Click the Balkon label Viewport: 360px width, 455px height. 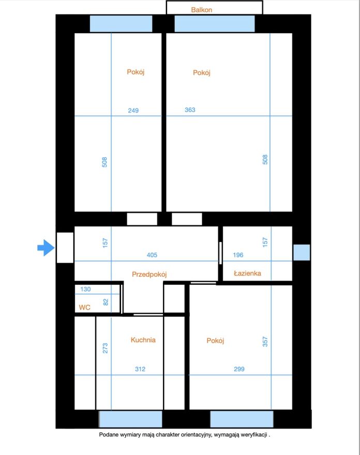pyautogui.click(x=202, y=10)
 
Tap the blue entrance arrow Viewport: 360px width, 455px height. pyautogui.click(x=46, y=248)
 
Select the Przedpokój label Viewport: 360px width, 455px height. pyautogui.click(x=149, y=275)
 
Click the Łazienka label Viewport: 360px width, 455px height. pyautogui.click(x=247, y=273)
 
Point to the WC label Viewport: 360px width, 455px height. pyautogui.click(x=84, y=307)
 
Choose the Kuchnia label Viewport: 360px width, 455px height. pyautogui.click(x=143, y=340)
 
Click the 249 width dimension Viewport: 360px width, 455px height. pyautogui.click(x=133, y=111)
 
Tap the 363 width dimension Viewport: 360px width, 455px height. pyautogui.click(x=190, y=110)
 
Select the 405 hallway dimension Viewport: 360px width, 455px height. pyautogui.click(x=152, y=255)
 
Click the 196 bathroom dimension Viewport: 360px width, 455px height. pyautogui.click(x=238, y=255)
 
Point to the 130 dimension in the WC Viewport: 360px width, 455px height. pyautogui.click(x=85, y=289)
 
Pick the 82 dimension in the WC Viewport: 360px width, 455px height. pyautogui.click(x=106, y=302)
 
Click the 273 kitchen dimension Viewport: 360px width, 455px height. pyautogui.click(x=105, y=348)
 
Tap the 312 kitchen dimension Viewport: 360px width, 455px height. pyautogui.click(x=140, y=369)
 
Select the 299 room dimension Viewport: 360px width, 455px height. pyautogui.click(x=239, y=369)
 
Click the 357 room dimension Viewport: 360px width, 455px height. pyautogui.click(x=265, y=342)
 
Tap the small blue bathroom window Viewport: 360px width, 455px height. pyautogui.click(x=302, y=252)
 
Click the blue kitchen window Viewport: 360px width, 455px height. pyautogui.click(x=131, y=419)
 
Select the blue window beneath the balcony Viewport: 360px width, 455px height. pyautogui.click(x=215, y=24)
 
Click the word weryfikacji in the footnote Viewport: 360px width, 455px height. pyautogui.click(x=253, y=435)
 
